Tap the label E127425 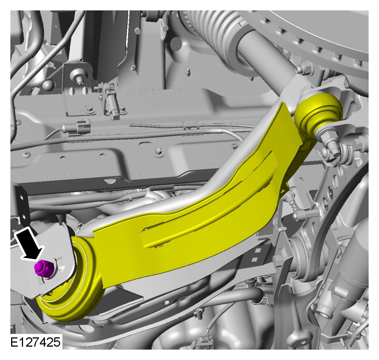(x=36, y=342)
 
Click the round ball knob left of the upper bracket (x=49, y=85)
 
